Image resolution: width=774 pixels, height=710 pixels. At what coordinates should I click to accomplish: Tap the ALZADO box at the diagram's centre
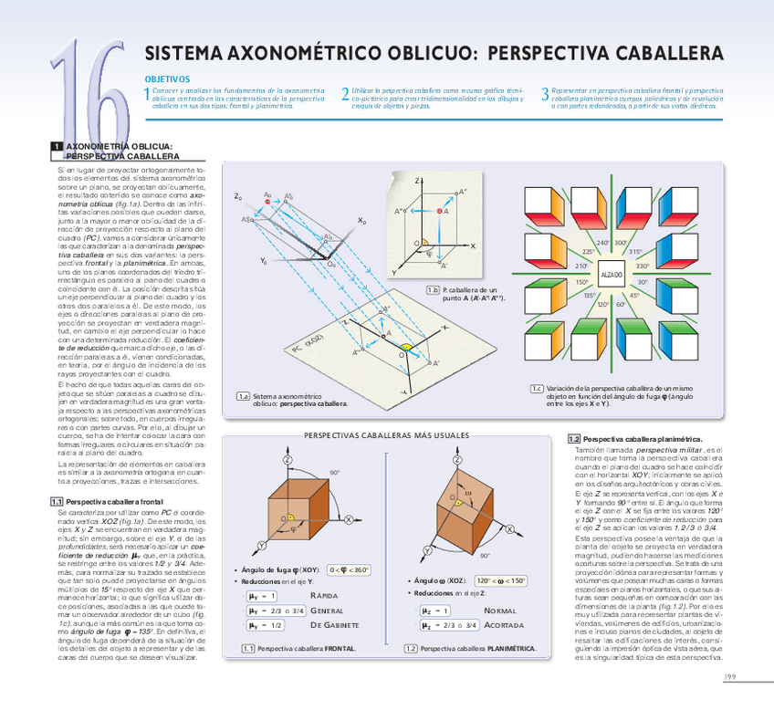[611, 274]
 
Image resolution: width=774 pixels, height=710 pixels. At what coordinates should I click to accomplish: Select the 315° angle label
[635, 251]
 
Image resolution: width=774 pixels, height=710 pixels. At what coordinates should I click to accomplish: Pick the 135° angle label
[589, 296]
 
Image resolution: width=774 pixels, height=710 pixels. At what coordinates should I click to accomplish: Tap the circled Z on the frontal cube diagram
[288, 461]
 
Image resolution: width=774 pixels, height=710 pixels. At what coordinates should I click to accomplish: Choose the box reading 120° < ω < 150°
[501, 580]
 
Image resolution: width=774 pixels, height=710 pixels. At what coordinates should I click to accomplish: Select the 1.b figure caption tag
[434, 290]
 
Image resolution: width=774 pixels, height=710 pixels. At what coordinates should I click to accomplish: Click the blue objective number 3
[545, 94]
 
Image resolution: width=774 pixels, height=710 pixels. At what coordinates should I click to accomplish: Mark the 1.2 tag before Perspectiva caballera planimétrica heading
[574, 439]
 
